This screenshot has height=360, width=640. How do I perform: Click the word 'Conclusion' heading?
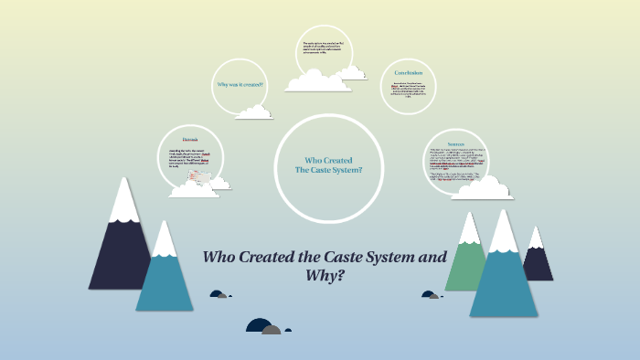coord(408,72)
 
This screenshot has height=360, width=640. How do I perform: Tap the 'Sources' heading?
coord(456,143)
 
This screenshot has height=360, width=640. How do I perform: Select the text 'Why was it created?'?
coord(240,84)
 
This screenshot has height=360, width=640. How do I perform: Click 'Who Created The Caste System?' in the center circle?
coord(328,165)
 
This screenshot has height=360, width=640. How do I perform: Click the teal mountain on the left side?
coord(165,274)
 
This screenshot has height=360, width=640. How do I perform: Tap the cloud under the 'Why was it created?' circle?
coord(253,112)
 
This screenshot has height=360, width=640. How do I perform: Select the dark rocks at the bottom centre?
coord(263,326)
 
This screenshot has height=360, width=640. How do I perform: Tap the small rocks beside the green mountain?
coord(430,294)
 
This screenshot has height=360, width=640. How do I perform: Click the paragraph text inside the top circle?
coord(324,51)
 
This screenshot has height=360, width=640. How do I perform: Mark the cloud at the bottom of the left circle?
coord(196,188)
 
